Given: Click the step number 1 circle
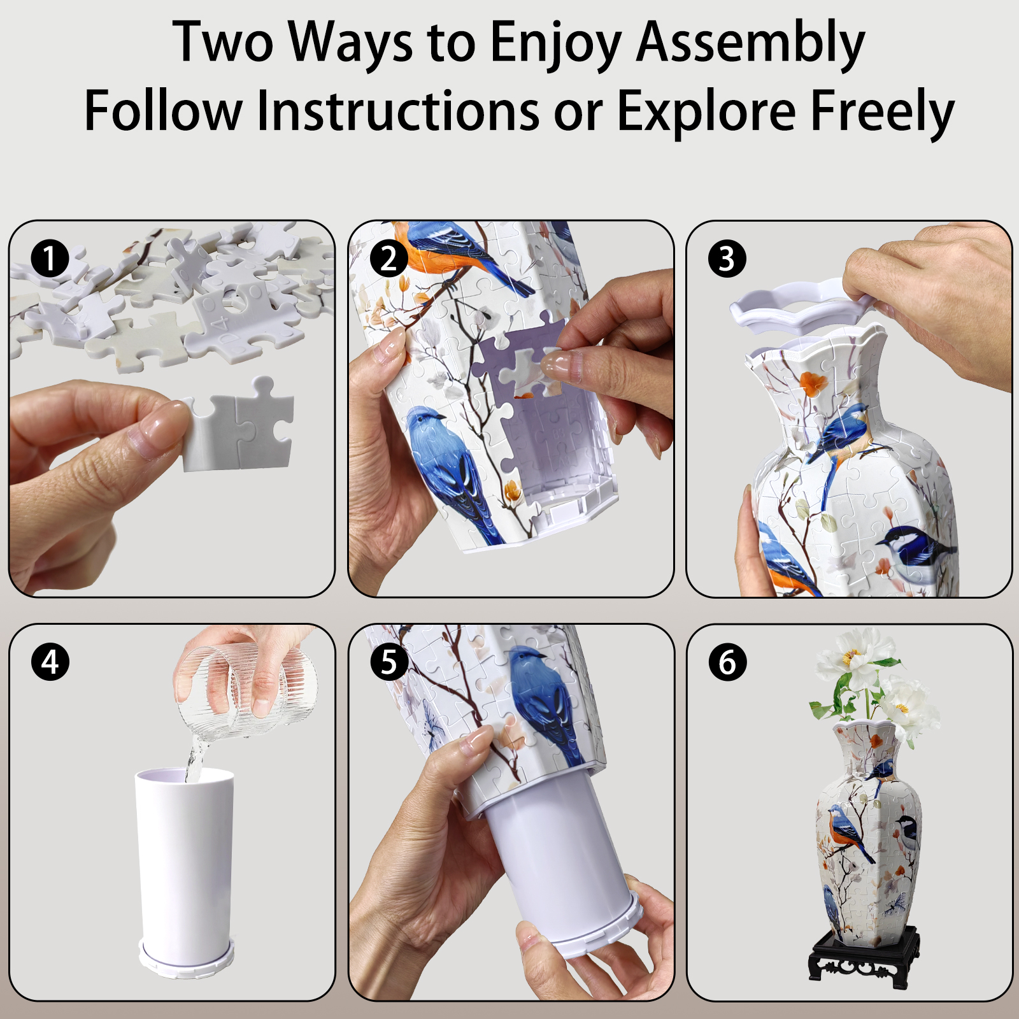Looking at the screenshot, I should point(50,259).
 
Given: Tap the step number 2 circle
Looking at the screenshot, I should point(388,259).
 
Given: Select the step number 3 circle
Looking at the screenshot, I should point(727,259).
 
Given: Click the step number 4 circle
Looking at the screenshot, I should point(50,662).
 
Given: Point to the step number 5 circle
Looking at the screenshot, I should point(388,662).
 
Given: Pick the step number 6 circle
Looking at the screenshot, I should point(727,662).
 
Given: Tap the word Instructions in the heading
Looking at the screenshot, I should point(398,111).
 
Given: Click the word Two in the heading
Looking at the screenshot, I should point(223,43).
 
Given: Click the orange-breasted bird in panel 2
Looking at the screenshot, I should point(446,252).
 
